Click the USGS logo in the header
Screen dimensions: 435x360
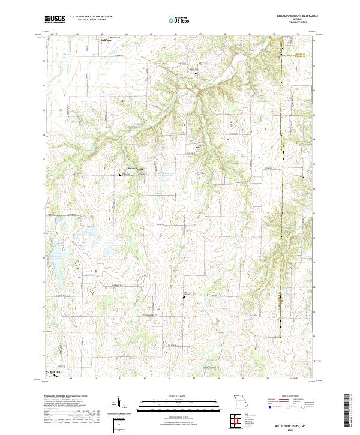pyautogui.click(x=55, y=19)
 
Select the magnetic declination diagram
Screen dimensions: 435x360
pyautogui.click(x=119, y=404)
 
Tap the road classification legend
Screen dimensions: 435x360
pyautogui.click(x=290, y=404)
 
